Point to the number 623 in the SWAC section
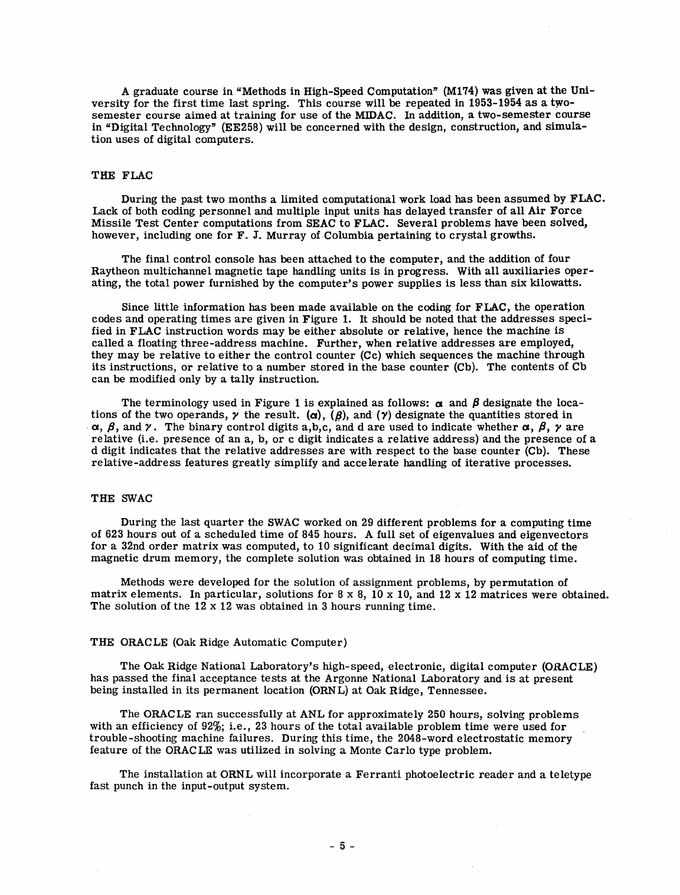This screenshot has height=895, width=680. pos(112,535)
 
